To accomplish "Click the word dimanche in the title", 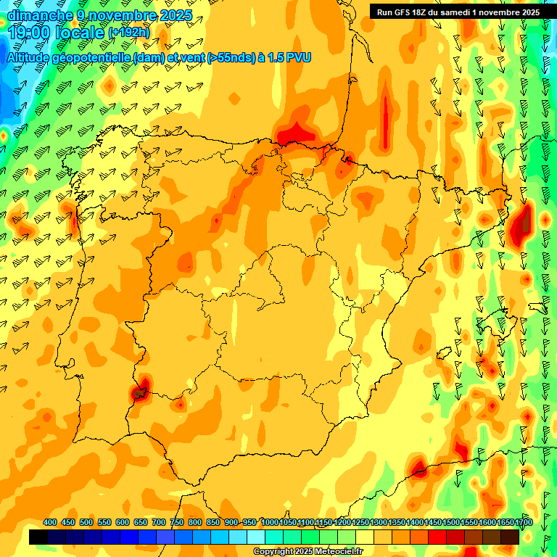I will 40,15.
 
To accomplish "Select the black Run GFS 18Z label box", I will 458,12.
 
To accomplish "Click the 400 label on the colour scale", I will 50,523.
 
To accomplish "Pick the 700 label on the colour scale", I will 159,523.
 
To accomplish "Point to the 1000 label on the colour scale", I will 270,523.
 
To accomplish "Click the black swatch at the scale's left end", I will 38,537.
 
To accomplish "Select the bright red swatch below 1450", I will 437,537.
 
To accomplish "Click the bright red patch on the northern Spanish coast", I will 296,133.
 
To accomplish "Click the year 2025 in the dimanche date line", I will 175,15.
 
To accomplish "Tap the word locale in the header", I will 78,33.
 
